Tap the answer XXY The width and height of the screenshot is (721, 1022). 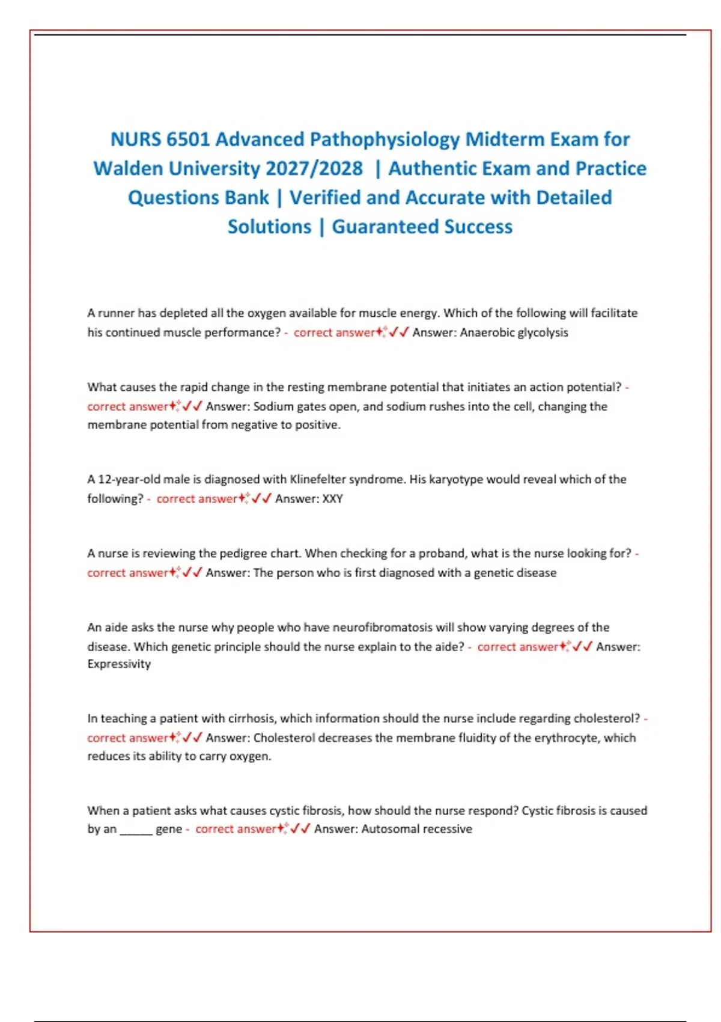(333, 499)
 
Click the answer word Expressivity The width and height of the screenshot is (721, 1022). (119, 664)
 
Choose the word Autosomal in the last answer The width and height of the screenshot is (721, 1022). (388, 829)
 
